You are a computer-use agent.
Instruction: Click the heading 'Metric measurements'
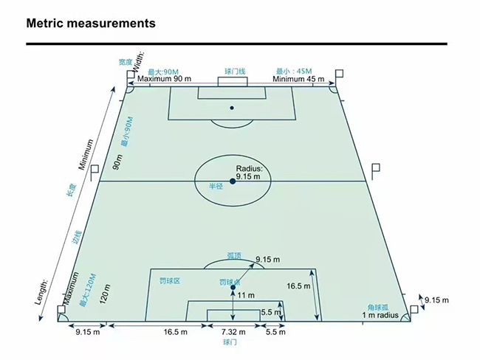[x=91, y=24]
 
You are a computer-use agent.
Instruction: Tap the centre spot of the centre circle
[x=233, y=181]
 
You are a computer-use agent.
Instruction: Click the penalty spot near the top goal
[x=232, y=108]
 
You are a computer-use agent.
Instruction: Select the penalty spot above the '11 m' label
[x=233, y=287]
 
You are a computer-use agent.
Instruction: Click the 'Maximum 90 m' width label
[x=164, y=79]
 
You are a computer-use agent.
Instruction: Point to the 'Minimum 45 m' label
[x=298, y=79]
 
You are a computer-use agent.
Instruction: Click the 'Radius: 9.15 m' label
[x=249, y=173]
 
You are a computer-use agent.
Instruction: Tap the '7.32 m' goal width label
[x=233, y=332]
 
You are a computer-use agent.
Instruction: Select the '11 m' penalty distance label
[x=246, y=295]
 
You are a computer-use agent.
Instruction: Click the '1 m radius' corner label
[x=380, y=315]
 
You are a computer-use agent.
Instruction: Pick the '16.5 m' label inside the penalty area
[x=298, y=286]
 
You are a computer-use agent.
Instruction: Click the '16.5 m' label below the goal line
[x=176, y=332]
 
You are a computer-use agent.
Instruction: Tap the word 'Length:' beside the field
[x=41, y=292]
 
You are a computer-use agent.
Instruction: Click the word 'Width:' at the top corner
[x=139, y=60]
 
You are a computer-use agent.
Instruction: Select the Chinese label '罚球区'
[x=170, y=281]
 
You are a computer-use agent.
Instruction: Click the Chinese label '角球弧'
[x=378, y=308]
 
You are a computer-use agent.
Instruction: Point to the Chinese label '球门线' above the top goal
[x=235, y=72]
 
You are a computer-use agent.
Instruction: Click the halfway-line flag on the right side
[x=376, y=172]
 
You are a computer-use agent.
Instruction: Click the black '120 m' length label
[x=105, y=294]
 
